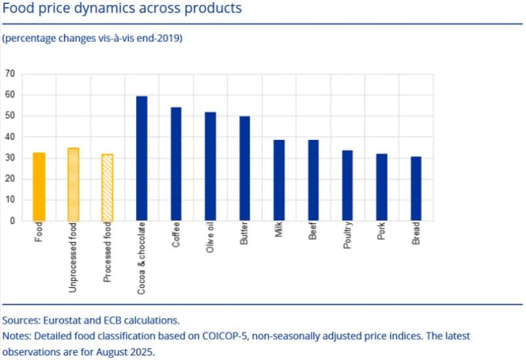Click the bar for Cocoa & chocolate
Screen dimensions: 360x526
pos(141,158)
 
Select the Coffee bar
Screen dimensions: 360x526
pos(176,164)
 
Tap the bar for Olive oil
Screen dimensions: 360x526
pos(210,166)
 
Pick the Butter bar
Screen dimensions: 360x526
pos(245,168)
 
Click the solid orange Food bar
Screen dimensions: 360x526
pos(39,187)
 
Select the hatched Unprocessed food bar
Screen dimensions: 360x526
pos(73,185)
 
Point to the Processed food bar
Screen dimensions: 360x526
pos(107,187)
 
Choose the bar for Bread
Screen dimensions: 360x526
pos(416,189)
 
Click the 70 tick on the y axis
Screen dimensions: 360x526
pos(10,74)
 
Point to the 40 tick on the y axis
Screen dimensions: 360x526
pos(10,137)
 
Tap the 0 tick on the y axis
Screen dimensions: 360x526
pos(12,221)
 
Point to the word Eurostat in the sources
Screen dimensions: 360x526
pos(64,321)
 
